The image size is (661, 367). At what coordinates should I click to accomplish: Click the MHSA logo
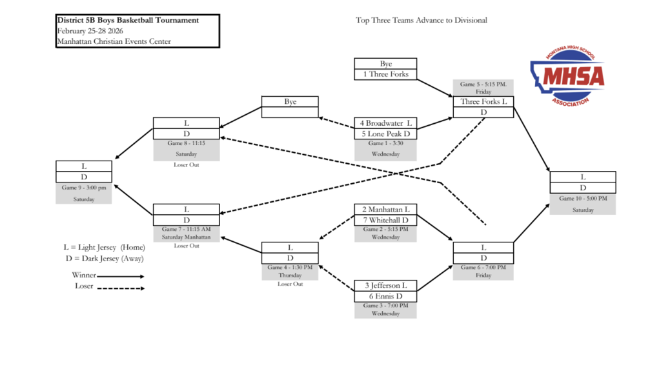(x=567, y=76)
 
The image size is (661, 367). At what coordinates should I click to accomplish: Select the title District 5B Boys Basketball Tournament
(x=128, y=20)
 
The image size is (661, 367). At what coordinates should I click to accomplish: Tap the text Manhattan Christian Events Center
(x=114, y=42)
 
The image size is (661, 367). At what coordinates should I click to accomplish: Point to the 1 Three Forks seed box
(x=385, y=74)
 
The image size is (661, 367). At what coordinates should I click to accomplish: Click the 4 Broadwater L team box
(x=385, y=123)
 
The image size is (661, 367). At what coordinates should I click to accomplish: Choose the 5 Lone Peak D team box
(x=385, y=134)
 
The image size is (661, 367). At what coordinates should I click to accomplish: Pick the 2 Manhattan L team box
(x=385, y=210)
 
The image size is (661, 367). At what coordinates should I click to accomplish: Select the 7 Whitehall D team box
(x=385, y=220)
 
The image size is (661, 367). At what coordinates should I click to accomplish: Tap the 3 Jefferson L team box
(x=385, y=286)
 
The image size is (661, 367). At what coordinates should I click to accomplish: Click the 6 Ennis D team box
(x=385, y=296)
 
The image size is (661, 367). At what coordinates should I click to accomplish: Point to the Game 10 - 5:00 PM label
(x=582, y=199)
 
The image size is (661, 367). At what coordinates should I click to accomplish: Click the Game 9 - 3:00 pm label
(x=84, y=188)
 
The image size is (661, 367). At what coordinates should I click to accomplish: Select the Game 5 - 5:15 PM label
(x=483, y=84)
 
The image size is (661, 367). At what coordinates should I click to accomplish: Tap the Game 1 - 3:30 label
(x=385, y=143)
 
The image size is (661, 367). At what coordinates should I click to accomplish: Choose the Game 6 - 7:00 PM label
(x=483, y=267)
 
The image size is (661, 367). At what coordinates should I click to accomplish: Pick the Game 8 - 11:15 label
(x=187, y=143)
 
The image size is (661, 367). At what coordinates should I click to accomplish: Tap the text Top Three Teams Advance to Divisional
(x=421, y=20)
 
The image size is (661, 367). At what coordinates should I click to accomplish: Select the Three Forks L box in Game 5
(x=483, y=102)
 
